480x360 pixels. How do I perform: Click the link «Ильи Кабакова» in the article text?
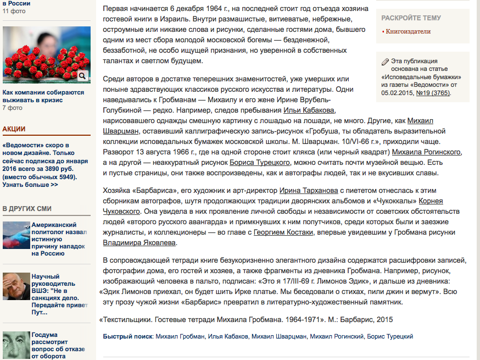(308, 110)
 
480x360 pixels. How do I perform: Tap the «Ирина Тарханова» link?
(309, 190)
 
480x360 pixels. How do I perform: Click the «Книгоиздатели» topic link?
(408, 32)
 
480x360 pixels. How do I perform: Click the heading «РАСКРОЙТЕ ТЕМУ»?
(411, 18)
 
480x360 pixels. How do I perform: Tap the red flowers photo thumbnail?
(46, 55)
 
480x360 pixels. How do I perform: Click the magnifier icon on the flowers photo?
(82, 76)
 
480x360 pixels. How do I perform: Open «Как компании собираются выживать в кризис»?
(43, 96)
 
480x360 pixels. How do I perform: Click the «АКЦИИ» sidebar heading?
(14, 129)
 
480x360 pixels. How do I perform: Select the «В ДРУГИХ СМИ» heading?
(27, 208)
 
